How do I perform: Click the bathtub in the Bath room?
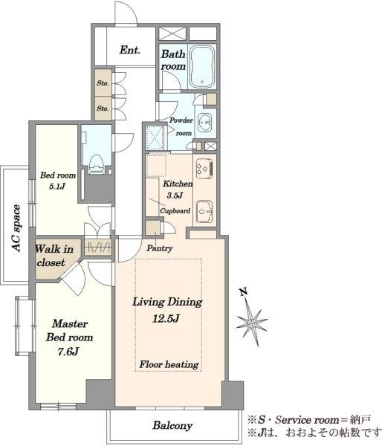click(x=202, y=66)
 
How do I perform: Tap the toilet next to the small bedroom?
click(x=96, y=164)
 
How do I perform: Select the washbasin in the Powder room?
click(x=204, y=123)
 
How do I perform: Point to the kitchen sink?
click(x=204, y=211)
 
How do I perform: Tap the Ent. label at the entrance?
click(x=130, y=51)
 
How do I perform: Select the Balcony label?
click(x=172, y=425)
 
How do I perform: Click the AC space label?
click(x=17, y=228)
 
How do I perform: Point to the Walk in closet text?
click(x=54, y=256)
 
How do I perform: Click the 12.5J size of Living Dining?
click(x=166, y=319)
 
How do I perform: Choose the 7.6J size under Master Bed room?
click(x=68, y=352)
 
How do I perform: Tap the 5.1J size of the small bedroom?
click(x=57, y=187)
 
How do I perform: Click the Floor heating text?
click(x=169, y=364)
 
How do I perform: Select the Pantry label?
click(x=160, y=248)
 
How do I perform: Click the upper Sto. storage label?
click(x=103, y=83)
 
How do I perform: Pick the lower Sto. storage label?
click(x=103, y=109)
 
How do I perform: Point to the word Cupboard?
click(x=175, y=211)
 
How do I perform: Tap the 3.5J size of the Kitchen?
click(x=175, y=195)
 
